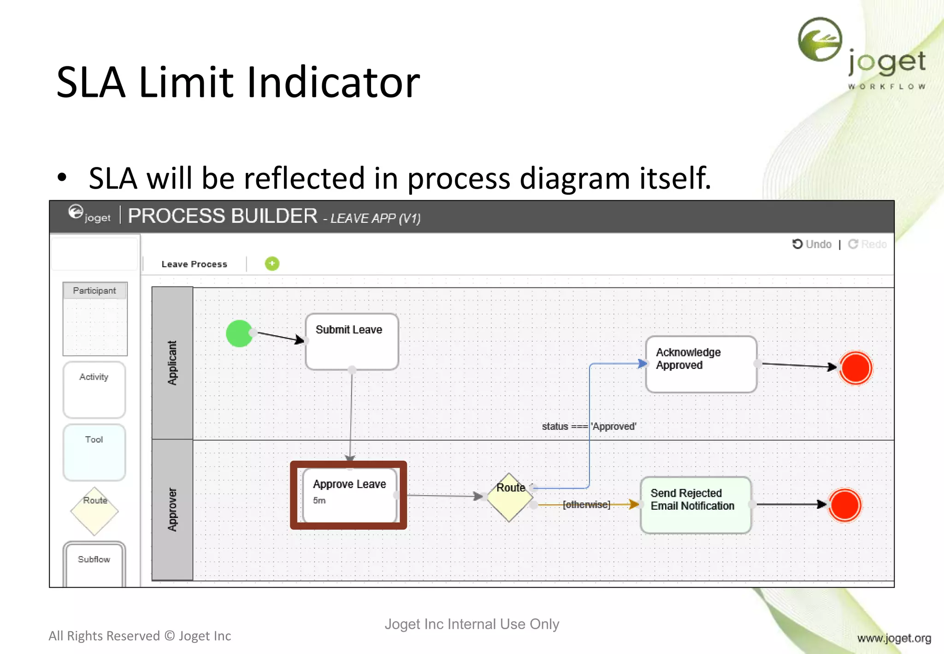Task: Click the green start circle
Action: (x=239, y=333)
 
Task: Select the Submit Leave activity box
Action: (x=352, y=342)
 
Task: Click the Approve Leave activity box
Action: (x=349, y=494)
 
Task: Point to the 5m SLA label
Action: (x=319, y=500)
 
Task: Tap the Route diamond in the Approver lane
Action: (x=509, y=497)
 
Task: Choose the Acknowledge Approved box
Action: (x=701, y=364)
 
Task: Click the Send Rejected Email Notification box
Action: (x=696, y=505)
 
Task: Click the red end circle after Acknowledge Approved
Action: (x=855, y=368)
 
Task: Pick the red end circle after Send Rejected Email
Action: (x=844, y=505)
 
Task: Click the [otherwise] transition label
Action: (x=586, y=505)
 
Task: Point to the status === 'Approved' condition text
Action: (x=589, y=426)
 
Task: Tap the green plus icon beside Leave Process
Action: (x=272, y=263)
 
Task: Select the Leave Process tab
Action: (x=194, y=264)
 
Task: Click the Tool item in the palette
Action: (x=94, y=452)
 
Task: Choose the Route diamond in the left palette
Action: (x=94, y=511)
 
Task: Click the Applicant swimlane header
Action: (x=172, y=363)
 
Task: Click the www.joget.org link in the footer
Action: (x=894, y=638)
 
